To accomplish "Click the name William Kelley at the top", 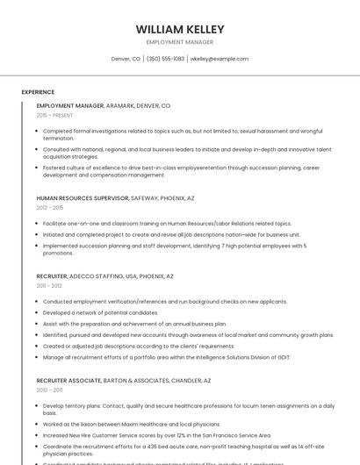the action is click(x=180, y=29).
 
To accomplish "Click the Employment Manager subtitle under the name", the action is click(x=180, y=42).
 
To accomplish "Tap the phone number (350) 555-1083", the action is click(x=165, y=59).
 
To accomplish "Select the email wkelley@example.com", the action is click(x=220, y=59).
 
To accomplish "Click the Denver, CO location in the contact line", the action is click(x=126, y=59).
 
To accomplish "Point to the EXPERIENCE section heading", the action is click(x=38, y=92).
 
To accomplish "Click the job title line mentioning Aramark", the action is click(x=104, y=105).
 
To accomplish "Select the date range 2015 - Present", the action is click(x=54, y=115).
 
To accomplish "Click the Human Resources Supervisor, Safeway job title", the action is click(x=115, y=198).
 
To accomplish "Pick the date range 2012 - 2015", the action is click(x=50, y=208).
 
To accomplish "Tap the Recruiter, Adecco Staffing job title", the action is click(x=105, y=276).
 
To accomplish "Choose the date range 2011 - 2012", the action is click(x=49, y=286).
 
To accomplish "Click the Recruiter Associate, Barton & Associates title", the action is click(x=124, y=381).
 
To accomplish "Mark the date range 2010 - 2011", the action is click(x=49, y=390).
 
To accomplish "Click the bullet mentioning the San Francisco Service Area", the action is click(x=157, y=434).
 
